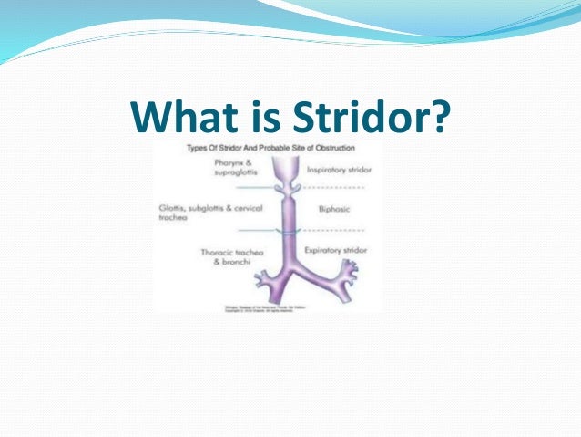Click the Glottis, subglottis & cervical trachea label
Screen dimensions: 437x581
(202, 213)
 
